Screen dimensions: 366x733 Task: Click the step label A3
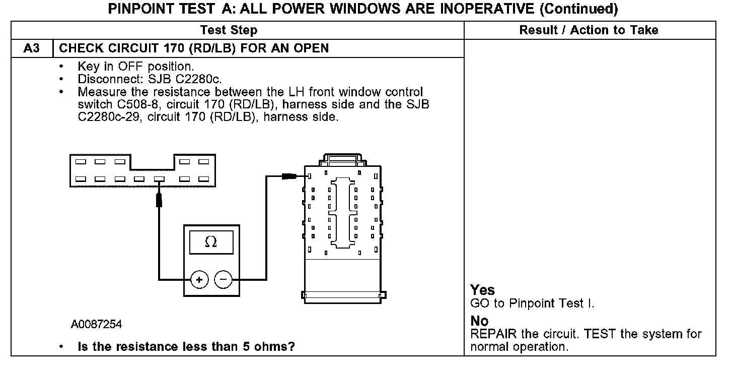[x=31, y=48]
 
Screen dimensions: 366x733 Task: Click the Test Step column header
[x=229, y=30]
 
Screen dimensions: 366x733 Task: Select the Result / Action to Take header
[x=589, y=30]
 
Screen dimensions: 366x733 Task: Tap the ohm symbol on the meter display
[x=211, y=242]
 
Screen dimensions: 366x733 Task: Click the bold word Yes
[x=483, y=290]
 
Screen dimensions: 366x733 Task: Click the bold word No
[x=479, y=321]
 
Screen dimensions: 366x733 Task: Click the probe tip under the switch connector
[x=159, y=199]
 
